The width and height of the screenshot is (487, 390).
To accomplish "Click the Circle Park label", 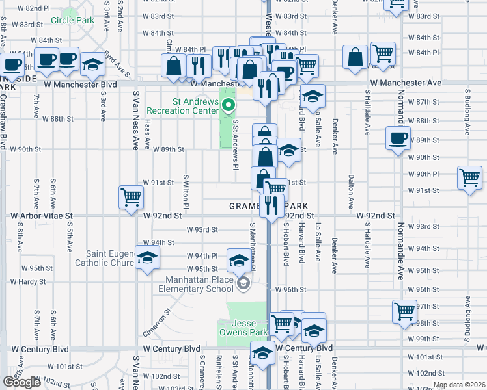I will coord(72,21).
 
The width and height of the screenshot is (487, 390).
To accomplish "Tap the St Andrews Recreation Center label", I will coord(186,106).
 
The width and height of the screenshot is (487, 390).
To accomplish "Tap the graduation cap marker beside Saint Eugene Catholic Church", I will coord(148,259).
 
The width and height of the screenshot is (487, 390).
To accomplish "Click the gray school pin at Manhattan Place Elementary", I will coord(244,283).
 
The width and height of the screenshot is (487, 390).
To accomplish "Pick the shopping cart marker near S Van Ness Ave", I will coord(131,196).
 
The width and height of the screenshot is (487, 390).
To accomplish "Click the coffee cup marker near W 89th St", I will coord(398,138).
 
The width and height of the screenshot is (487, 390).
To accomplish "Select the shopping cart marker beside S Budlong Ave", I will coord(469,177).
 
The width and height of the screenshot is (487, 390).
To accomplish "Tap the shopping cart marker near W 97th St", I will coord(404,311).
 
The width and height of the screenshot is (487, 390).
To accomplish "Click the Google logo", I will coord(21,382).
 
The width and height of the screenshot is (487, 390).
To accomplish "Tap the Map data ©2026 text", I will coord(459,385).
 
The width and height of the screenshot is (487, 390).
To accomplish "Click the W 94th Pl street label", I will coord(201,256).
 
